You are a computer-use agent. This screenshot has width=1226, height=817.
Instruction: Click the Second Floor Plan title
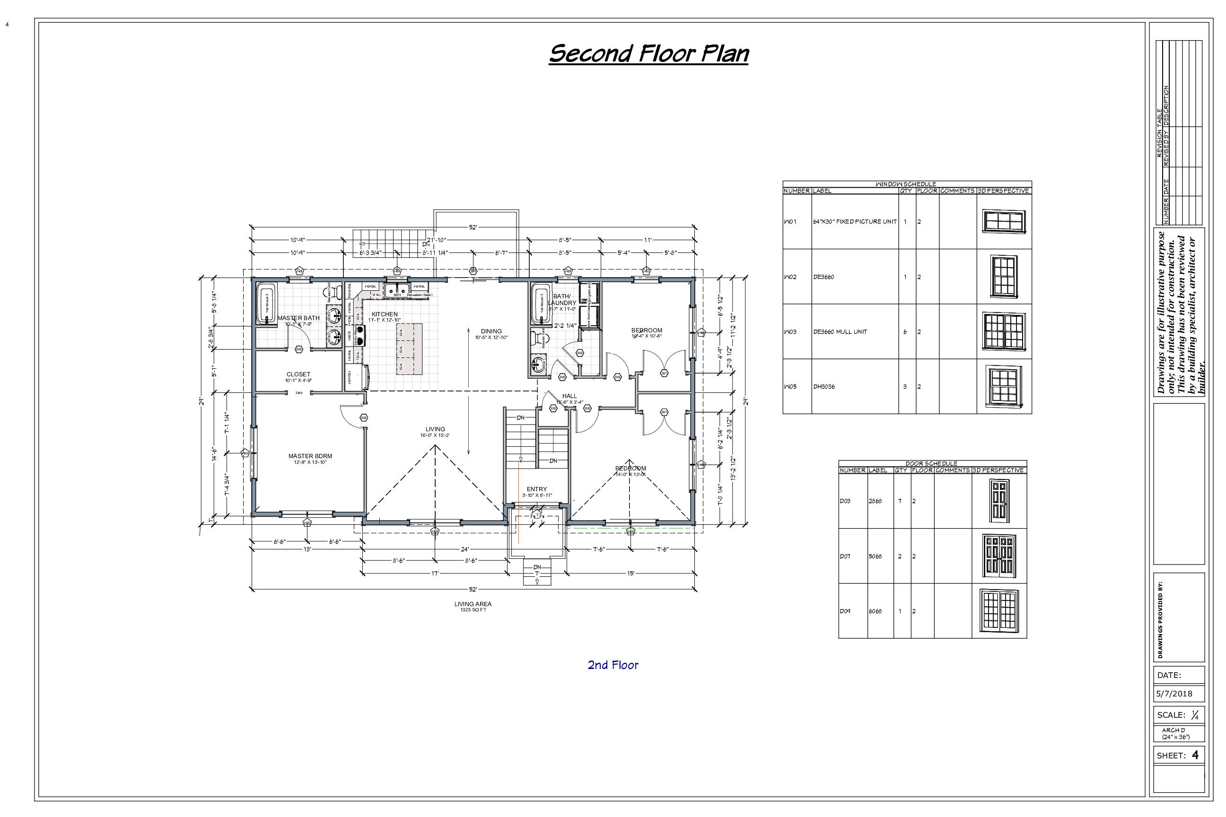coord(648,54)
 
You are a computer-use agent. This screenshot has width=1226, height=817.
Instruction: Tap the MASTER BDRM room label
coord(310,456)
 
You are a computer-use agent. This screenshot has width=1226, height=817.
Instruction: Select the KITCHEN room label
coord(385,315)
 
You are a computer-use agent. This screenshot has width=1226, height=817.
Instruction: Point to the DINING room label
coord(491,331)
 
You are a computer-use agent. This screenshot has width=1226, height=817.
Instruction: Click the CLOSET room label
coord(298,374)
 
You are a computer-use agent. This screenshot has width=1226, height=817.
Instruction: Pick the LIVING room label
coord(435,429)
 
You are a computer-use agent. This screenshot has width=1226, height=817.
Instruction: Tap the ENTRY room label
coord(537,489)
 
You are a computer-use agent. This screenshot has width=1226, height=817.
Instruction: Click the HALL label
coord(569,397)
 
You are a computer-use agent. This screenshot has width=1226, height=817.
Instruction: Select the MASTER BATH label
coord(298,318)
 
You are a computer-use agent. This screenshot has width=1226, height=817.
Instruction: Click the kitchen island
coord(409,348)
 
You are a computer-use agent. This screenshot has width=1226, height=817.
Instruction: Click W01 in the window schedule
coord(790,222)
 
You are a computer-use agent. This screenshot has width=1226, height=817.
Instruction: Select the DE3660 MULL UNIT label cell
coord(840,332)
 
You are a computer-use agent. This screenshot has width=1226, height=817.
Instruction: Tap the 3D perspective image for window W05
coord(1003,386)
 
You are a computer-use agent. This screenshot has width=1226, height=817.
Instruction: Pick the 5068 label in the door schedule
coord(875,556)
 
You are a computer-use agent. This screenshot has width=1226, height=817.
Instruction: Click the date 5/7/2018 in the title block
coord(1174,694)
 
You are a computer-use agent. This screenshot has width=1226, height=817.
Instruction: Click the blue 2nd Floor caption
coord(613,665)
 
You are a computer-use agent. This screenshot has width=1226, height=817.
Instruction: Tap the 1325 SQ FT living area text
coord(473,609)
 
